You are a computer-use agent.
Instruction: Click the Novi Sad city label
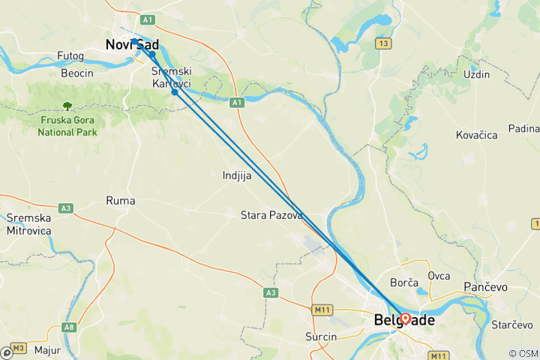(x=131, y=45)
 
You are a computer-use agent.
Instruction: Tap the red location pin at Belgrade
(x=405, y=318)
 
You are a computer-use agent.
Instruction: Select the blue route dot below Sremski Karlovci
(x=175, y=92)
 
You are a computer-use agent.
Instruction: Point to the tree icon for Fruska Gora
(x=67, y=106)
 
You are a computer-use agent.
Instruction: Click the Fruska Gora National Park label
(x=67, y=125)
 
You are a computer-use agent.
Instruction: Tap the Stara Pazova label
(x=271, y=215)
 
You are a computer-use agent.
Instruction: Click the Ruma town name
(x=121, y=200)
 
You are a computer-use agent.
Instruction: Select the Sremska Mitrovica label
(x=28, y=224)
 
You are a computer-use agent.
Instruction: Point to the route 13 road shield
(x=385, y=44)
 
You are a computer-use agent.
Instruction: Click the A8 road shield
(x=69, y=326)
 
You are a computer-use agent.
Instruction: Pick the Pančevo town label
(x=486, y=287)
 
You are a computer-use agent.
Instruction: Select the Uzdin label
(x=476, y=74)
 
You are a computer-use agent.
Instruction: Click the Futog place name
(x=70, y=55)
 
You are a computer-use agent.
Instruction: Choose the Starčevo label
(x=512, y=325)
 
